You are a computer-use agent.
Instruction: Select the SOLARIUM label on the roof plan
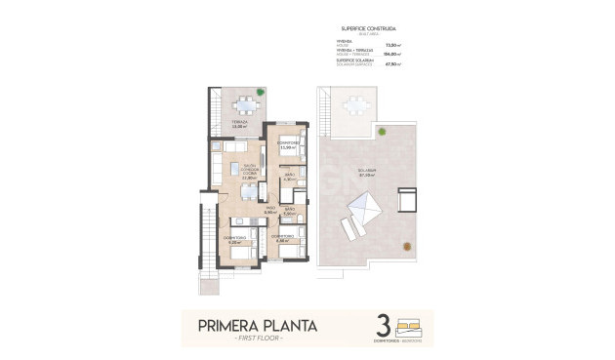coord(366,171)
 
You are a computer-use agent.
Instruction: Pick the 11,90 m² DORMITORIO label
coord(286,145)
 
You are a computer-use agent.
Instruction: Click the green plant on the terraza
coord(260,94)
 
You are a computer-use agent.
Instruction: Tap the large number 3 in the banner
coord(382,325)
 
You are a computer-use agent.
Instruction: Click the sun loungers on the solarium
coord(350,230)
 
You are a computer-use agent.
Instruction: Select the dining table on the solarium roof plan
coord(351,105)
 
